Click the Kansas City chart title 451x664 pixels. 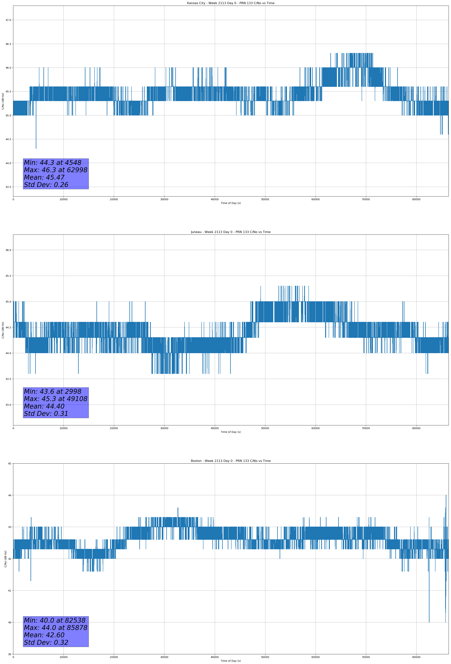pos(231,3)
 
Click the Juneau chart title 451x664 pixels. pos(231,232)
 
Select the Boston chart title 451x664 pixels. pos(231,461)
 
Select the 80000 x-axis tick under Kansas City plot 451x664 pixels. pos(416,199)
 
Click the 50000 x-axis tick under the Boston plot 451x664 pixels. pos(265,657)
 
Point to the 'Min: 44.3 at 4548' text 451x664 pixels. pos(53,163)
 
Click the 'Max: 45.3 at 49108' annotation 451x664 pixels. pos(55,399)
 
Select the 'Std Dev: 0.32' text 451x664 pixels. pos(46,642)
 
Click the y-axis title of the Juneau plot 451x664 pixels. pos(3,330)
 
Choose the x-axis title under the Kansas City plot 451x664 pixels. pos(231,203)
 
